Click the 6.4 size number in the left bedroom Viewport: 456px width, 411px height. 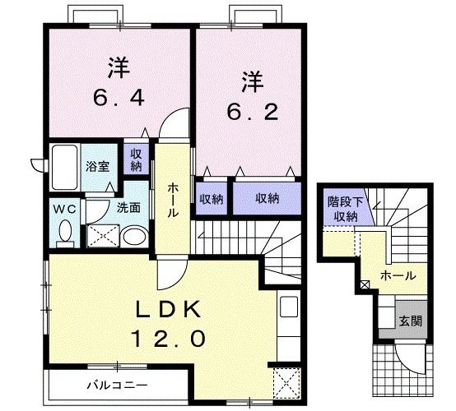(119, 98)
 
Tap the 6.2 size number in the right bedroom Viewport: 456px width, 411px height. (253, 112)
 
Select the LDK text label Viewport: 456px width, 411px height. (169, 310)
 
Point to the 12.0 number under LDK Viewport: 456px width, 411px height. (169, 339)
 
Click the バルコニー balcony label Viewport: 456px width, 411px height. (118, 386)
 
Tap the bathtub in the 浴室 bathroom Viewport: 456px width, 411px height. (64, 168)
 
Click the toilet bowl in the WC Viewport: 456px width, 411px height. (65, 231)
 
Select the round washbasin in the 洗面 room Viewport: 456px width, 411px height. (134, 236)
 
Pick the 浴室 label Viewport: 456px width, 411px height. (98, 167)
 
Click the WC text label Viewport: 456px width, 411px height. (64, 209)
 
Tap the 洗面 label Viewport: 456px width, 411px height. (129, 208)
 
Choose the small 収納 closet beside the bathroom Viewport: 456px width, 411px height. (136, 159)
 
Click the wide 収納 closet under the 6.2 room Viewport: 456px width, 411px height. (267, 198)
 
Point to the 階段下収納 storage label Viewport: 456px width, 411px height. (346, 209)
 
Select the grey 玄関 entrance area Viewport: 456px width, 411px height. (411, 321)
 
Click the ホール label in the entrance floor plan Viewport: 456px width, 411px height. (398, 275)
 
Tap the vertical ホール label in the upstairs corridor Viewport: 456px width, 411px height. (173, 201)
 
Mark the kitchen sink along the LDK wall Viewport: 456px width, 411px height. (289, 307)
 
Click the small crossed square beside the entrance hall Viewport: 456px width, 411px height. (365, 284)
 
